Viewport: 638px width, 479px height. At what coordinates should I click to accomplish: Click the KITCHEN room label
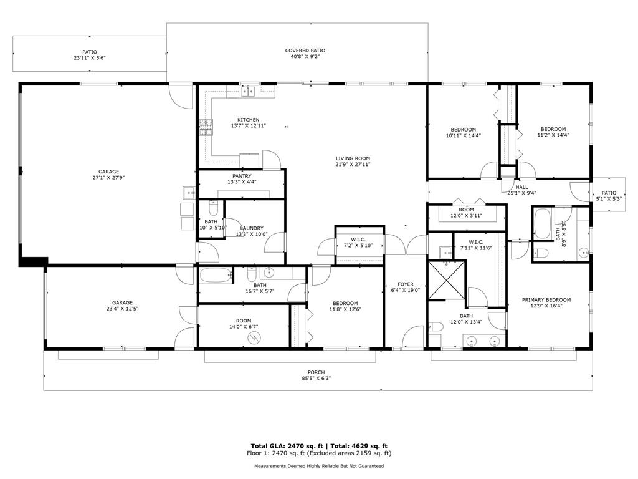[x=248, y=120]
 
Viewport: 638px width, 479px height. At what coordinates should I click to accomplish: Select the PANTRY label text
[x=242, y=176]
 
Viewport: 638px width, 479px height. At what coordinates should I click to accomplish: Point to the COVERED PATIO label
[x=305, y=51]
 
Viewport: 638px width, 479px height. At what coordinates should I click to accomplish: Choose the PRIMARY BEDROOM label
[x=546, y=300]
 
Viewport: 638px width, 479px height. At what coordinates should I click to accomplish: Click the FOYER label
[x=406, y=284]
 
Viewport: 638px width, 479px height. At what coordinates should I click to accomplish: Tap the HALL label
[x=521, y=187]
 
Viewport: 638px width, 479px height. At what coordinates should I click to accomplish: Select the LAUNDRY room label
[x=252, y=228]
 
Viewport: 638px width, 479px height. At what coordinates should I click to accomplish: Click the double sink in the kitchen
[x=250, y=92]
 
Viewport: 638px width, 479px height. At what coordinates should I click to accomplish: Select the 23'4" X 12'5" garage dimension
[x=122, y=309]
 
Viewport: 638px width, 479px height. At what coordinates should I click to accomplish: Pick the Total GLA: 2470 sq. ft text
[x=285, y=446]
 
